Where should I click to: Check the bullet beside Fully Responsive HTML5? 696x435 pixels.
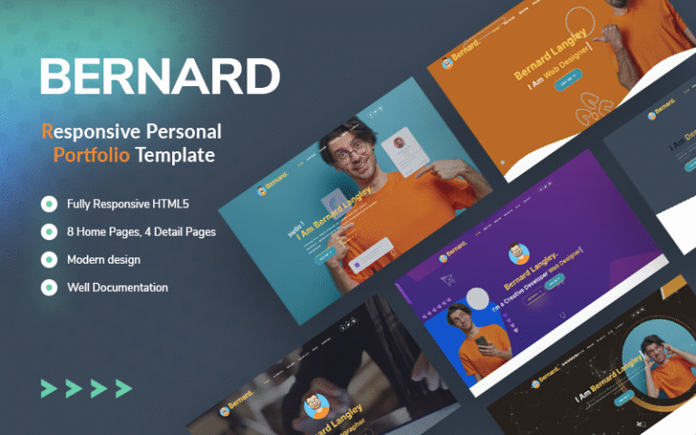pyautogui.click(x=48, y=204)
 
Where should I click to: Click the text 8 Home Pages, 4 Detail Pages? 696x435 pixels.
pyautogui.click(x=140, y=232)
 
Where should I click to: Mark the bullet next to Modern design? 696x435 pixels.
pyautogui.click(x=48, y=259)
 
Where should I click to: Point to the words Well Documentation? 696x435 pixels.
pyautogui.click(x=117, y=287)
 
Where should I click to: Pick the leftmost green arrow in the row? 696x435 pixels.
pyautogui.click(x=48, y=389)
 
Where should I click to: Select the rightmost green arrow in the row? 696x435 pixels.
pyautogui.click(x=123, y=389)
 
